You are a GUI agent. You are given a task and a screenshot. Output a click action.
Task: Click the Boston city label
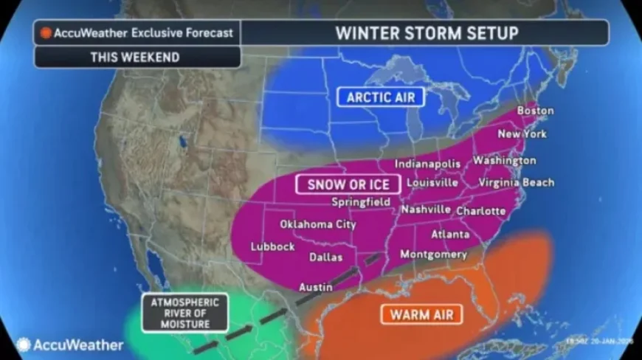[535, 111]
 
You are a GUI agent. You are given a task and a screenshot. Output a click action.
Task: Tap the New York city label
[522, 134]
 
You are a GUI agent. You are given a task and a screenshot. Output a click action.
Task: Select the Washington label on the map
[505, 160]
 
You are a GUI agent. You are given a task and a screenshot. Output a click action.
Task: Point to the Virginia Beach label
[516, 182]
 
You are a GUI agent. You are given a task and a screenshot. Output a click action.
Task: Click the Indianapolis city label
[427, 164]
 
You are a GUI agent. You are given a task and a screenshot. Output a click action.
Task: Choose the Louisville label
[432, 182]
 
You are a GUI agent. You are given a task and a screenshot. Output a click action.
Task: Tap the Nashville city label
[426, 210]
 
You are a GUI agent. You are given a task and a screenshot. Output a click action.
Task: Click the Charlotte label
[481, 211]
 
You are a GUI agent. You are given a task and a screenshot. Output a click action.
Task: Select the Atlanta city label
[450, 235]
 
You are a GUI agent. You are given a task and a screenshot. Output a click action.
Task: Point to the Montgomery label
[433, 255]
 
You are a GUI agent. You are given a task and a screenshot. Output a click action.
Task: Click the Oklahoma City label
[317, 224]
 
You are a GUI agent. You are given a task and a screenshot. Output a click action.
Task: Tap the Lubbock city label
[272, 246]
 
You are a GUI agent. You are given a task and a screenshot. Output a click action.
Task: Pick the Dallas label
[325, 257]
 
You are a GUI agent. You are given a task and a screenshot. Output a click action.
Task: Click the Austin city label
[314, 286]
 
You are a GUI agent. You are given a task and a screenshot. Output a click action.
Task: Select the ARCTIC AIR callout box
[380, 97]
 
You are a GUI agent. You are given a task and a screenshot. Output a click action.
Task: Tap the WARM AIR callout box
[421, 314]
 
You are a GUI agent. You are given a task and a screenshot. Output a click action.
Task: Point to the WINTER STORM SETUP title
[427, 33]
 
